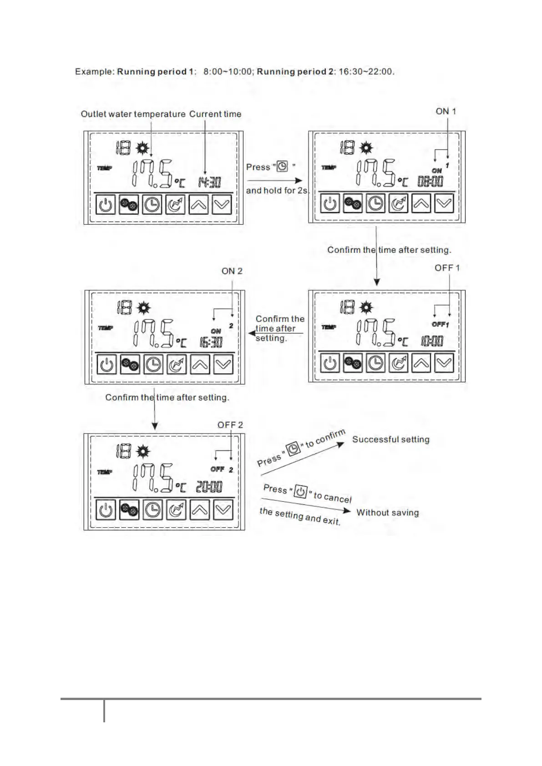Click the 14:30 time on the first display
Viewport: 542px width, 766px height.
209,182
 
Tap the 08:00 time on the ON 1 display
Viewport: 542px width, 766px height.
431,181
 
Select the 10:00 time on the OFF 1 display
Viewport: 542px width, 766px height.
431,341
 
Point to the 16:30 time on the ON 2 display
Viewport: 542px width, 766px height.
211,342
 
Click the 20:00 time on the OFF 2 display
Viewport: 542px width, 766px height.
209,487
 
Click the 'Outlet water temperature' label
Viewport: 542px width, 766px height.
133,114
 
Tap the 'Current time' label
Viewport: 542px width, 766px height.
215,114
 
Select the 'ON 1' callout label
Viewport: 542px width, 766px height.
446,111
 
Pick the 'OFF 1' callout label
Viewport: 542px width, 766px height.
447,268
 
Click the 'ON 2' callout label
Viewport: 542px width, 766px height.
232,271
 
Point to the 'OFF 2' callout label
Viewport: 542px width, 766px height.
230,425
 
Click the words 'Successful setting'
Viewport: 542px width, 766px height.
390,439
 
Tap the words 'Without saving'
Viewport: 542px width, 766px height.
387,513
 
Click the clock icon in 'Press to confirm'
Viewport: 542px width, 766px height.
294,448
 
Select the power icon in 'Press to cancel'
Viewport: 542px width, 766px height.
300,492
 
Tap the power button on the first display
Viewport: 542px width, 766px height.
106,205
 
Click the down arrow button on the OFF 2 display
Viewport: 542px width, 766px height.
223,510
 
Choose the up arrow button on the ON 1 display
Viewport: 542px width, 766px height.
421,203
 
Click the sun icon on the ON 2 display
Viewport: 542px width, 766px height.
144,308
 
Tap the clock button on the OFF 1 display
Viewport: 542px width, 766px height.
375,363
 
